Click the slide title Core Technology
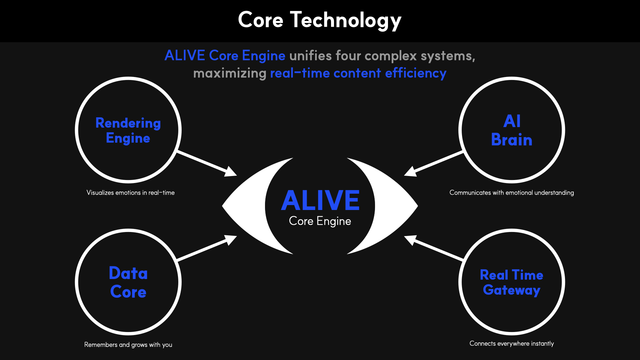coord(320,20)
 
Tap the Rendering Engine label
coord(128,131)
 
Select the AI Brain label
coord(512,130)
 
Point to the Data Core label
coord(128,282)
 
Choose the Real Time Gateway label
coord(512,283)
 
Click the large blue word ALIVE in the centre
coord(320,200)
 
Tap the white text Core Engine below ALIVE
coord(320,221)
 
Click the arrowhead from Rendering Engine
coord(231,171)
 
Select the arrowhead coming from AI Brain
coord(410,171)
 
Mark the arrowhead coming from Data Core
coord(231,240)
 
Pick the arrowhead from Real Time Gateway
coord(410,240)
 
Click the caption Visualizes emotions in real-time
coord(130,193)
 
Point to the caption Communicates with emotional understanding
coord(512,193)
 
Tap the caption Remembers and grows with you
coord(128,345)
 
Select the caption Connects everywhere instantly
coord(512,344)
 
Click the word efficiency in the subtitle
coord(416,73)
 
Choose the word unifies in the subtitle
coord(311,56)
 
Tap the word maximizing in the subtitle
coord(230,73)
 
